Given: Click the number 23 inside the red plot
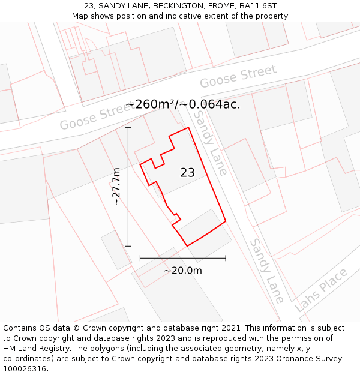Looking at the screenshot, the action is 187,173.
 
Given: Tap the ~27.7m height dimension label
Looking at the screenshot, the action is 116,187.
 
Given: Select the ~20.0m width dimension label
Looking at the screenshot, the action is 183,271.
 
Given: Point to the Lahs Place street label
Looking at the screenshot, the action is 322,290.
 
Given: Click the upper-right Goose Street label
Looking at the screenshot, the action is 238,76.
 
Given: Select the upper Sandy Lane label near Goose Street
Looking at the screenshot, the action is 211,142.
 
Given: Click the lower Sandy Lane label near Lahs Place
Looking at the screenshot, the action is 267,271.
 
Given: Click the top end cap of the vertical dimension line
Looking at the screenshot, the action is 128,127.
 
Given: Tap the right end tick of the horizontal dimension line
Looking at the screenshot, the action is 226,258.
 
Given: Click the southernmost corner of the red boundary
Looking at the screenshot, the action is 187,246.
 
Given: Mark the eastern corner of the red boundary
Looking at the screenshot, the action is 226,221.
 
